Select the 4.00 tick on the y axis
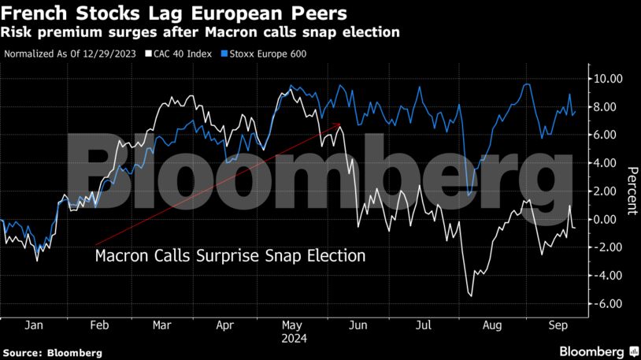coord(608,163)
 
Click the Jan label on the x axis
coord(34,324)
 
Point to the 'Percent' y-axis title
coord(632,191)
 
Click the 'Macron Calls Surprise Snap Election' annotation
coord(230,256)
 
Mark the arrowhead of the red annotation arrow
coord(338,124)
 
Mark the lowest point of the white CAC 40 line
coord(471,296)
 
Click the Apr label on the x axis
coord(224,324)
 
